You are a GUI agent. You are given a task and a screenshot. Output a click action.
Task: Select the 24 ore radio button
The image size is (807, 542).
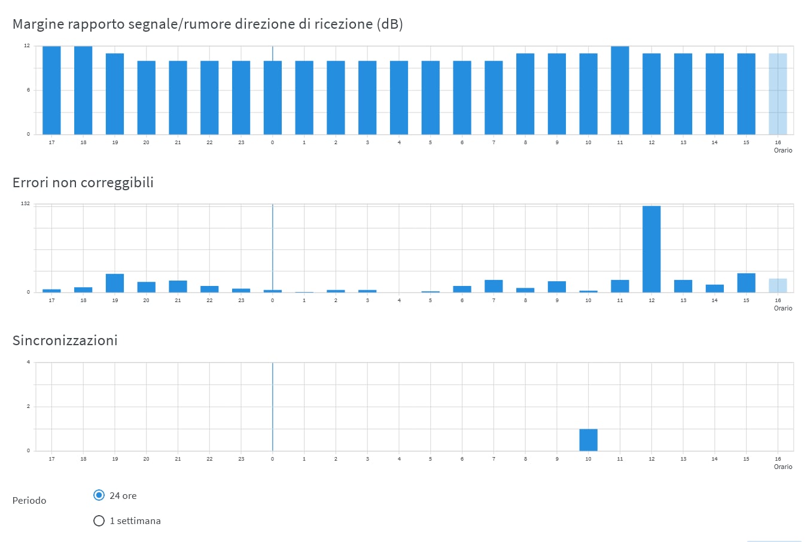[99, 495]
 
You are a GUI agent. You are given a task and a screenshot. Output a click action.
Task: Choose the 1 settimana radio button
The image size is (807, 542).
[99, 520]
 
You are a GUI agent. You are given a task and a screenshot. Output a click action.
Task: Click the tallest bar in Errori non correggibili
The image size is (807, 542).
[651, 249]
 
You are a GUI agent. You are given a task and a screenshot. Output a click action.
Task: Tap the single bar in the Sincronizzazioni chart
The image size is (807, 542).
[588, 440]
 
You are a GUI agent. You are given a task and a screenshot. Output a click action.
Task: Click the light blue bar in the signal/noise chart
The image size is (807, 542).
[778, 94]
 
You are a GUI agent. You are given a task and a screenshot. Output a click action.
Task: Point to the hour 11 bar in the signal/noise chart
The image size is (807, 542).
[620, 90]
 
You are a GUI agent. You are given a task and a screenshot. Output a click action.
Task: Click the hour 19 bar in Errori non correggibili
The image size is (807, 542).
[115, 283]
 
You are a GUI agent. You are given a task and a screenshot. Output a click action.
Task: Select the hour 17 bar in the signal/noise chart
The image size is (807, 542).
[51, 90]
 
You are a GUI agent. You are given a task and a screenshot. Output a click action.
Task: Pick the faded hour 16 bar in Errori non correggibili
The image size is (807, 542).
[778, 285]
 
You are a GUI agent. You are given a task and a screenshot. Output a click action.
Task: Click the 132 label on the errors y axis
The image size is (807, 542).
[25, 204]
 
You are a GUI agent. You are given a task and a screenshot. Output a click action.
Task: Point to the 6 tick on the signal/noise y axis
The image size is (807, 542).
[28, 90]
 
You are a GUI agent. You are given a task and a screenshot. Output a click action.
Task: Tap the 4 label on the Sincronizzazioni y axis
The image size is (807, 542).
[28, 363]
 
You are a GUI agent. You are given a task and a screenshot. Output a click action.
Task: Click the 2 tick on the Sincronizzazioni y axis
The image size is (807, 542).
[28, 407]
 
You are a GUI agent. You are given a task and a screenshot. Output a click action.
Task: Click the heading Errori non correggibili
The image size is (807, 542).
[83, 182]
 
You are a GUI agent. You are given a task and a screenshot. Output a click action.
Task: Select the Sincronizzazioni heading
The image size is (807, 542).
[65, 340]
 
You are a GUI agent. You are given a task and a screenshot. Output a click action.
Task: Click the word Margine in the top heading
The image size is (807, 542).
[38, 24]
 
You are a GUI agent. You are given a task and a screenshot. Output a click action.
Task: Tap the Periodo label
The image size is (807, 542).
[29, 501]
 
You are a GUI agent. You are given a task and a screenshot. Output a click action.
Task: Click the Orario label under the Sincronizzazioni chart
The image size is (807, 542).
[783, 467]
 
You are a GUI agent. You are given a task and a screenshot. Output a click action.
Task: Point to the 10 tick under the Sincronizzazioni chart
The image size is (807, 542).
[588, 459]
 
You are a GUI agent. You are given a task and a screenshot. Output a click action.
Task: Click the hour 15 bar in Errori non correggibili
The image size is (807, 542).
[746, 283]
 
